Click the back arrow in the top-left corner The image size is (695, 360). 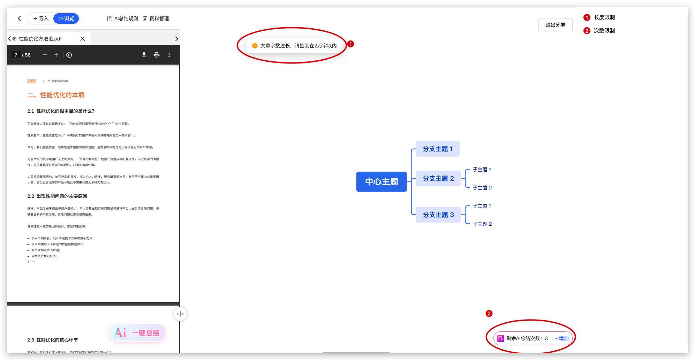pyautogui.click(x=20, y=18)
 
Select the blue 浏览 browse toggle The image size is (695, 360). pyautogui.click(x=66, y=18)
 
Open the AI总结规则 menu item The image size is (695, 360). pyautogui.click(x=123, y=18)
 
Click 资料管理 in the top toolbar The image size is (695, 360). pyautogui.click(x=156, y=18)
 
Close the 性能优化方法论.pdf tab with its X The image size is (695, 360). pyautogui.click(x=83, y=39)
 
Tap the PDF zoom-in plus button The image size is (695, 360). pyautogui.click(x=56, y=55)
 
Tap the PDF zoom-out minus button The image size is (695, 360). pyautogui.click(x=45, y=55)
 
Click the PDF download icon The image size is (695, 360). pyautogui.click(x=144, y=55)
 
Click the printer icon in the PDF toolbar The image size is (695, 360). pyautogui.click(x=157, y=55)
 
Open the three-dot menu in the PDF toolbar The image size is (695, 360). pyautogui.click(x=169, y=55)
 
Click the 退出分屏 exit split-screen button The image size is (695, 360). pyautogui.click(x=555, y=25)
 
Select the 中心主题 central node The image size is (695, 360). pyautogui.click(x=382, y=182)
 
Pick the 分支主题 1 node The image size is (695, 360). pyautogui.click(x=438, y=149)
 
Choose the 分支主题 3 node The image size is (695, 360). pyautogui.click(x=438, y=215)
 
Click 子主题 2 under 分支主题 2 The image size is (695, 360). pyautogui.click(x=482, y=188)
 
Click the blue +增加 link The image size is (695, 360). pyautogui.click(x=562, y=338)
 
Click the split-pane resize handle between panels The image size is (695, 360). pyautogui.click(x=180, y=314)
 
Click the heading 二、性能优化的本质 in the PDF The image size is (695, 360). pyautogui.click(x=56, y=95)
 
